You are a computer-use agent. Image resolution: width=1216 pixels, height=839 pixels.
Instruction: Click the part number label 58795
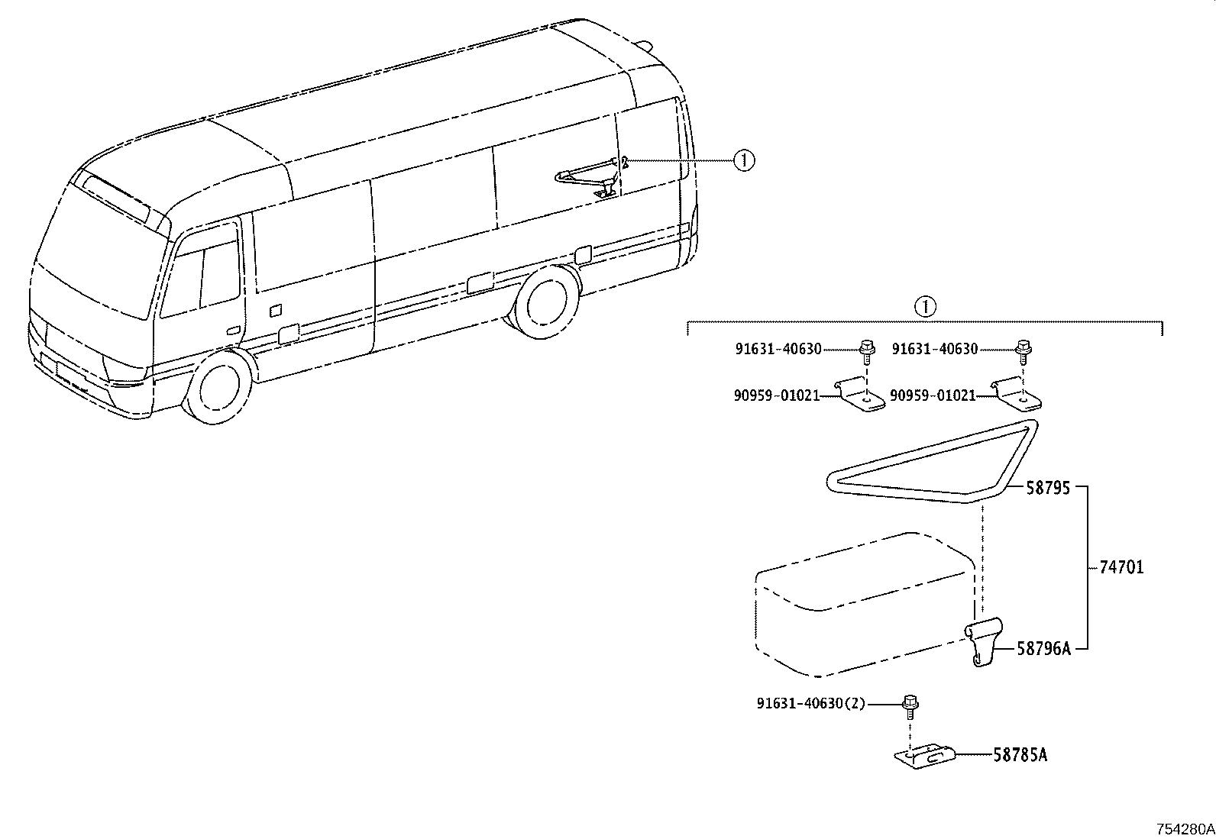[1048, 488]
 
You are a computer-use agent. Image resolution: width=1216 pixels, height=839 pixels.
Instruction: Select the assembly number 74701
[1121, 567]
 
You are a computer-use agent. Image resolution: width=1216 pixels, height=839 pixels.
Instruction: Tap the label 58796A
[1043, 648]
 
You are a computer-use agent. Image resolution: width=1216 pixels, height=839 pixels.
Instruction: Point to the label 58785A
[1020, 755]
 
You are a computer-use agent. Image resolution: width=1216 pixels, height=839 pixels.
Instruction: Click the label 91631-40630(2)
[811, 703]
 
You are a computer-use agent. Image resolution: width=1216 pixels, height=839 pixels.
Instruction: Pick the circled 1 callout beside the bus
[744, 160]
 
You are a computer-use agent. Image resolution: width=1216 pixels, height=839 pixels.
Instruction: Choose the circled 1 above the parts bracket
[926, 307]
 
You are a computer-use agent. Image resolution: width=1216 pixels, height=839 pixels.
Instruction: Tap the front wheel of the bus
[217, 386]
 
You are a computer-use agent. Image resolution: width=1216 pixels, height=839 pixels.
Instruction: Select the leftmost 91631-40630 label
[778, 349]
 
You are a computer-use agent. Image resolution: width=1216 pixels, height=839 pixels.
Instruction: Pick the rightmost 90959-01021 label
[933, 395]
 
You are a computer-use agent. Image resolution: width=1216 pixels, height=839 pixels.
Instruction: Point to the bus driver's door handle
[233, 331]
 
